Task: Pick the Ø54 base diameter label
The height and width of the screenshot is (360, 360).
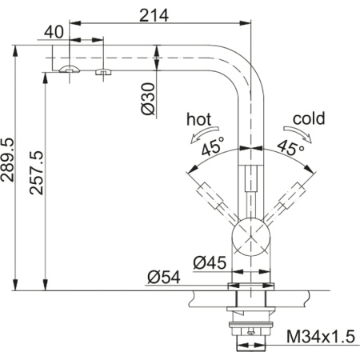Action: tap(162, 277)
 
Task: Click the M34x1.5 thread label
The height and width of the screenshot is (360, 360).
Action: tap(319, 336)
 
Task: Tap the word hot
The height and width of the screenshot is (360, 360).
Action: tap(199, 119)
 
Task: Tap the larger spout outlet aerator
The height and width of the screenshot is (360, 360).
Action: tap(70, 71)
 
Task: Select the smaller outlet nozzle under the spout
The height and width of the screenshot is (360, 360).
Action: tap(102, 73)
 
